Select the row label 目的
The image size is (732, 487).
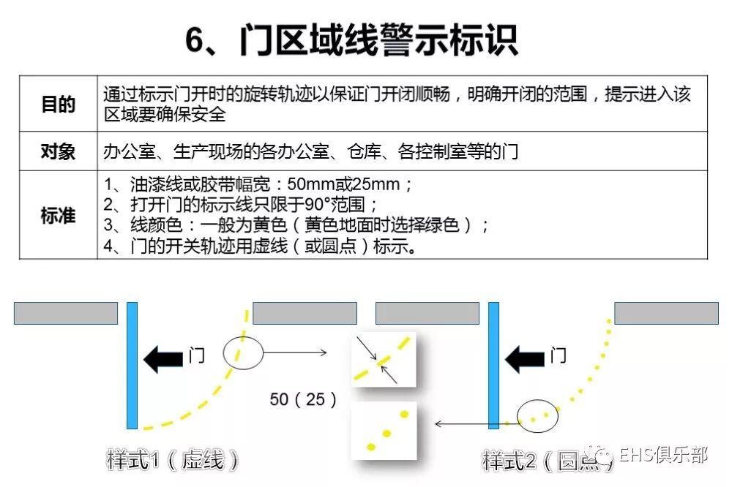coord(58,104)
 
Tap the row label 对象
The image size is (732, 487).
coord(58,151)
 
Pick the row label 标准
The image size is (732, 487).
coord(58,215)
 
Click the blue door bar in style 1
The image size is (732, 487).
coord(132,365)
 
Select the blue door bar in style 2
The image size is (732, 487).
coord(493,365)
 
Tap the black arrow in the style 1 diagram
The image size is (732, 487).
coord(163,359)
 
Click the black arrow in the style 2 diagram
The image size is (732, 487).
coord(525,359)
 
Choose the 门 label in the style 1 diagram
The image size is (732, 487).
coord(196,357)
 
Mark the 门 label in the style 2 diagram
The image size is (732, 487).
coord(558,357)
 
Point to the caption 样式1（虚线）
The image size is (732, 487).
coord(173,460)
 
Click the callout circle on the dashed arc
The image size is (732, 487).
coord(242,352)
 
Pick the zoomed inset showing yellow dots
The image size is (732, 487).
coord(384,431)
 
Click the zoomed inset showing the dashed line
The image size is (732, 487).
coord(384,359)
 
